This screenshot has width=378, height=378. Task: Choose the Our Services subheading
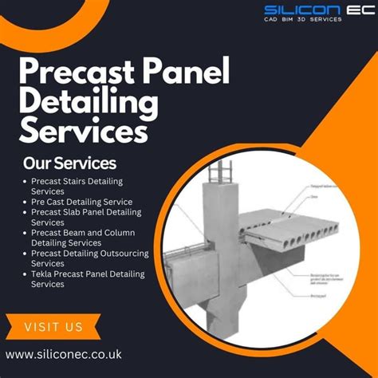(70, 163)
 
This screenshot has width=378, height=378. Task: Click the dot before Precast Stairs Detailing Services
(26, 182)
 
